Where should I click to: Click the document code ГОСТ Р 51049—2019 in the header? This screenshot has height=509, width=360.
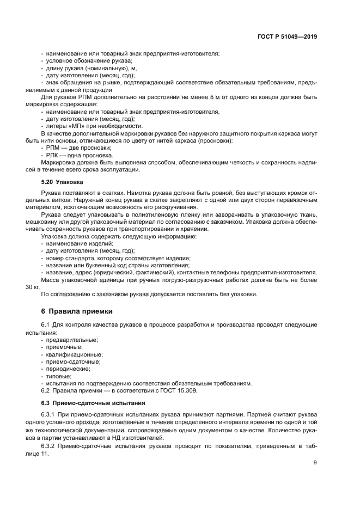[287, 37]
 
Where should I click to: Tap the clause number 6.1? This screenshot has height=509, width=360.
[46, 325]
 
